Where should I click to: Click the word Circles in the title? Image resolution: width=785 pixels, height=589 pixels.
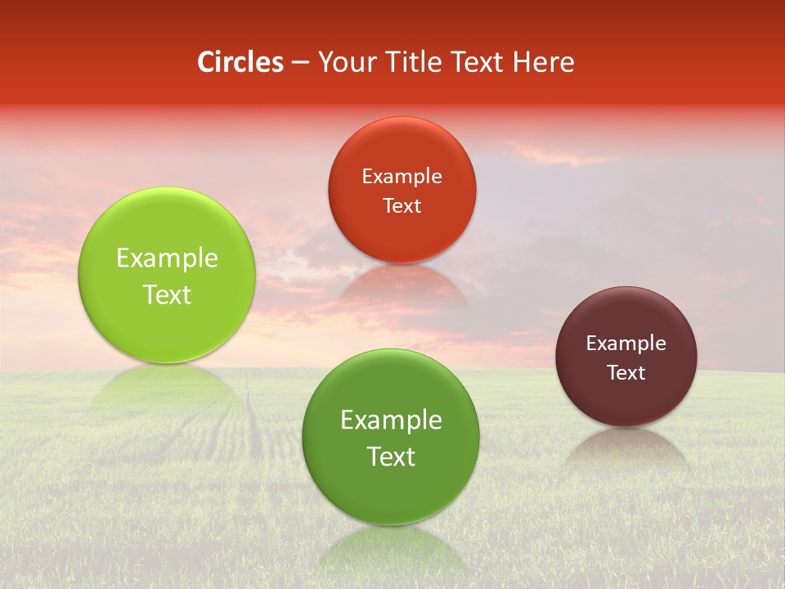point(240,62)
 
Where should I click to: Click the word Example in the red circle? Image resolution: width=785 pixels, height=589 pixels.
point(401,177)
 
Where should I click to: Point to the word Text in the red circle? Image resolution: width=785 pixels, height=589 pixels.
point(401,206)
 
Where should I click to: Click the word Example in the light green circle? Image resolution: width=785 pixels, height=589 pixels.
point(167,259)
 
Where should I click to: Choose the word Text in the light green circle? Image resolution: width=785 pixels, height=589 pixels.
point(167,294)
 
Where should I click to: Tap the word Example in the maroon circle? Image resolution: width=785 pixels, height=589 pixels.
point(626,344)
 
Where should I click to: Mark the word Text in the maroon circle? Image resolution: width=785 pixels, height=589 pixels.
point(626,373)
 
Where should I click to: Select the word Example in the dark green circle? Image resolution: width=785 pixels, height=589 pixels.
point(391,420)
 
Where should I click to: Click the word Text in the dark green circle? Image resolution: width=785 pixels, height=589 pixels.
point(391,456)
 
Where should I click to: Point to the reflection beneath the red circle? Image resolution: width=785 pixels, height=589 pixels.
point(401,286)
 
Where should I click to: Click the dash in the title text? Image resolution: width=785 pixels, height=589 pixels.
point(300,63)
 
